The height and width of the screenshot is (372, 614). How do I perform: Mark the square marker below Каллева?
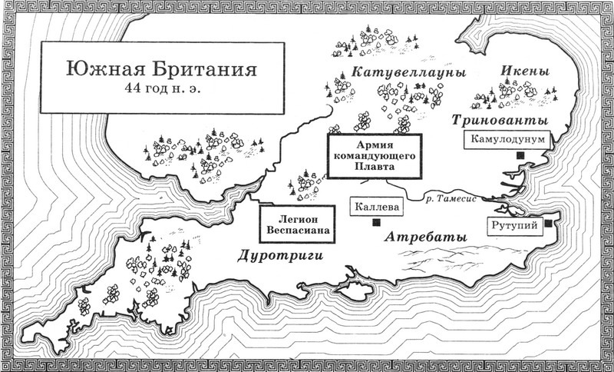click(376, 224)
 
